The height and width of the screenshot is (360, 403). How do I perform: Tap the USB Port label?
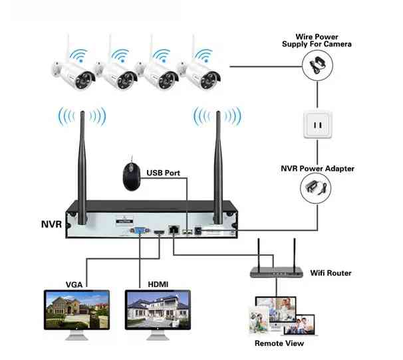[x=163, y=173]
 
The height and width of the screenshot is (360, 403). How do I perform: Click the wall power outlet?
[x=318, y=124]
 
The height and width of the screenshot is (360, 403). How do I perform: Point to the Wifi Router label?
[x=331, y=273]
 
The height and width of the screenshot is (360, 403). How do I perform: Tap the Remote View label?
[x=279, y=343]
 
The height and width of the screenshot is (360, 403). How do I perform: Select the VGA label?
[x=74, y=284]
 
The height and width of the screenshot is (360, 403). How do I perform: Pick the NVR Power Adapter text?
[x=318, y=168]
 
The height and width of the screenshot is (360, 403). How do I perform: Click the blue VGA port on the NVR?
[x=142, y=232]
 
